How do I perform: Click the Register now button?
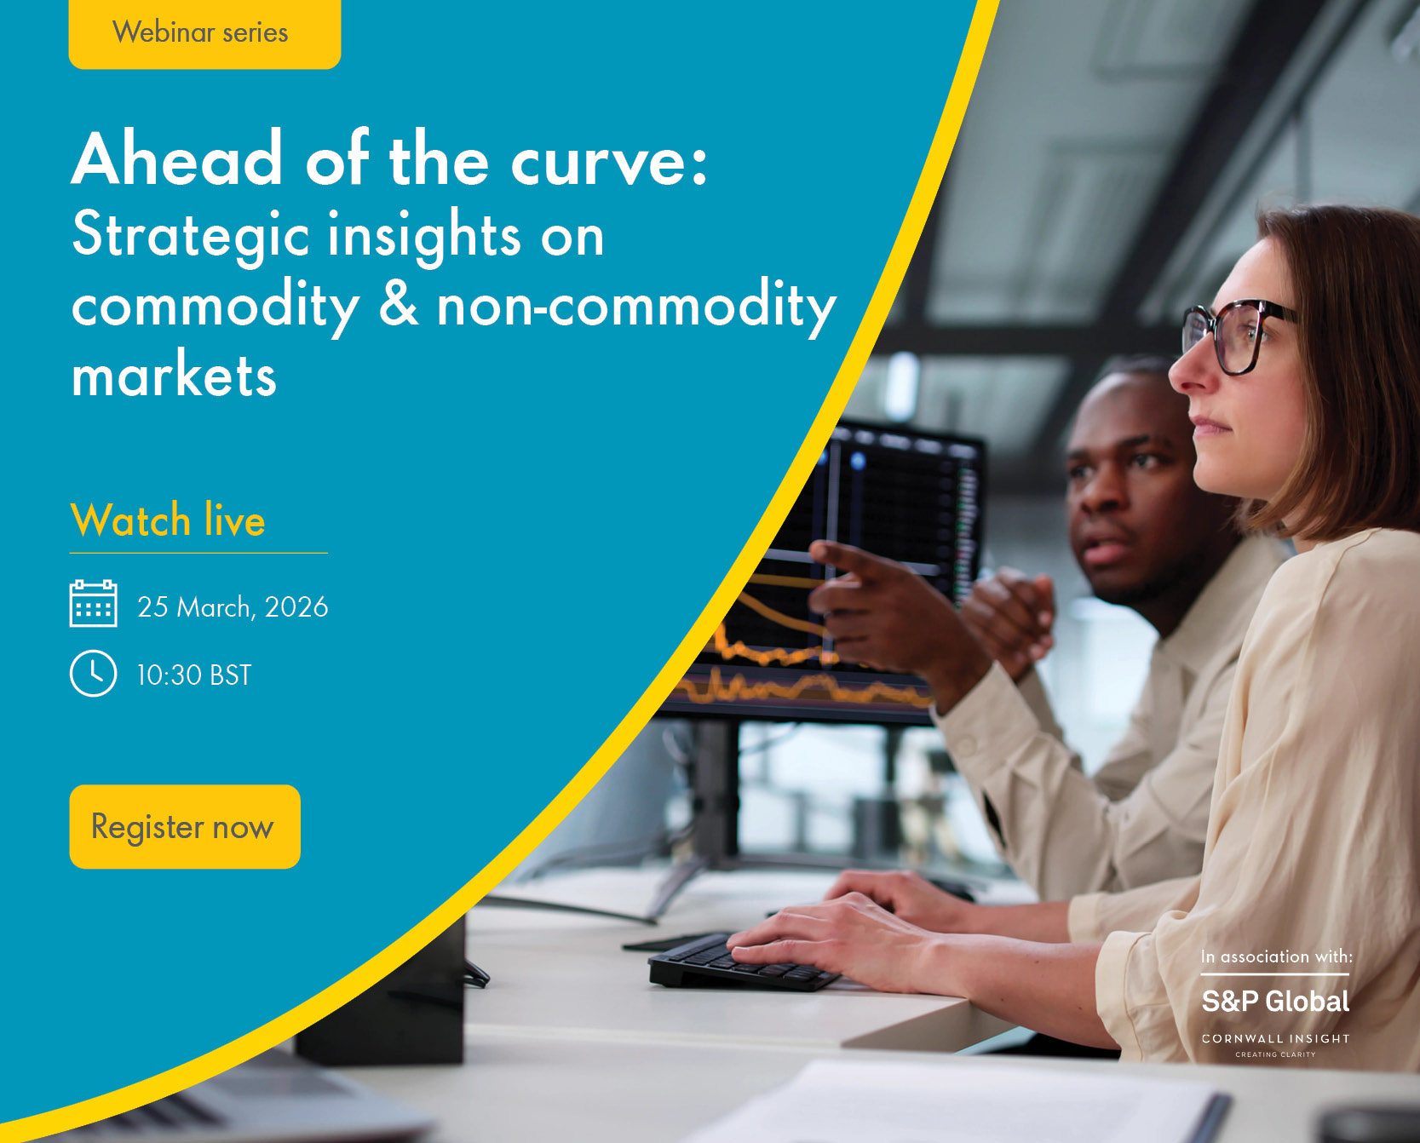(185, 826)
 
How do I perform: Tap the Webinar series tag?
(204, 32)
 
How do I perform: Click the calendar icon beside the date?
(93, 604)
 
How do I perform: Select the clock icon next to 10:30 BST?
(93, 674)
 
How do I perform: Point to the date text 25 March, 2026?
(233, 607)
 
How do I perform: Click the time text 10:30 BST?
(194, 675)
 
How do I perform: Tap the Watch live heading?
(168, 520)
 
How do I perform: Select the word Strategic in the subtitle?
(190, 236)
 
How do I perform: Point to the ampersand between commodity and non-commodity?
(399, 304)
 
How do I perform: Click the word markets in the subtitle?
(175, 376)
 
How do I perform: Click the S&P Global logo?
(1275, 1002)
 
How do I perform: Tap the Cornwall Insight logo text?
(1275, 1039)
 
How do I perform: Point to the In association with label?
(1276, 956)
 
